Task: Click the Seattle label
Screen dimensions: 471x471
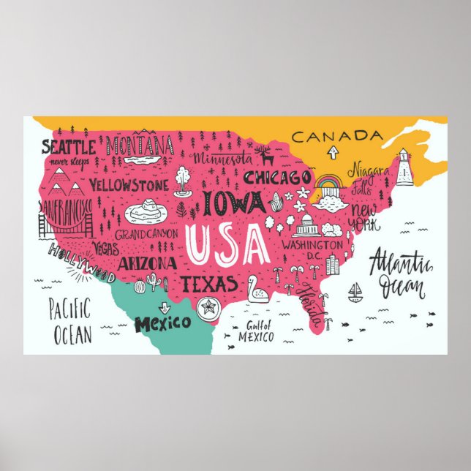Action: click(x=67, y=146)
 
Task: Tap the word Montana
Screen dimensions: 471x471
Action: click(x=140, y=145)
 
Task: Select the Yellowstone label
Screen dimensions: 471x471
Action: click(x=129, y=184)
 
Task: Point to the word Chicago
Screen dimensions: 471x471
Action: click(x=277, y=178)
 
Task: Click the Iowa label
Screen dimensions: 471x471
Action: click(x=234, y=202)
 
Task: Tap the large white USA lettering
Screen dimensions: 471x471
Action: click(x=226, y=244)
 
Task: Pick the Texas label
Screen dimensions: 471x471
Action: click(x=209, y=284)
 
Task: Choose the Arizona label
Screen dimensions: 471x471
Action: click(x=146, y=263)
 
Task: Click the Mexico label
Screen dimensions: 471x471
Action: click(x=162, y=322)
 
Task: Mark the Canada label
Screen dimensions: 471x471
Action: click(x=336, y=136)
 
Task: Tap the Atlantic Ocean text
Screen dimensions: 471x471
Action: click(x=399, y=272)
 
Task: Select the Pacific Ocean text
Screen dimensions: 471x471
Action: click(x=71, y=321)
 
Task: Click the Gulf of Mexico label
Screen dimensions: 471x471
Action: click(x=256, y=331)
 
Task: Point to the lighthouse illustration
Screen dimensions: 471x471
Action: click(x=404, y=167)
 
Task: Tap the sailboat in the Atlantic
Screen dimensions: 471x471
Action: click(x=355, y=293)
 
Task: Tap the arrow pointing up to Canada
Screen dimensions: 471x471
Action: click(x=333, y=152)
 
